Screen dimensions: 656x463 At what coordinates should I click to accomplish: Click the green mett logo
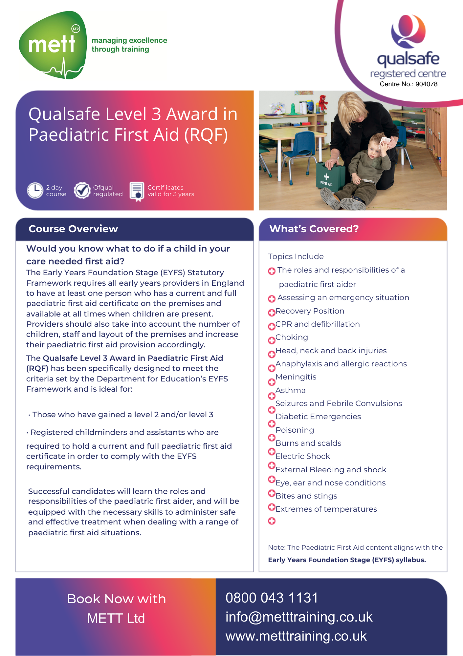[53, 45]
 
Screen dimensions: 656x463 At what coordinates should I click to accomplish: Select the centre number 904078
[426, 84]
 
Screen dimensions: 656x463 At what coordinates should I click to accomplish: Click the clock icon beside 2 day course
[35, 191]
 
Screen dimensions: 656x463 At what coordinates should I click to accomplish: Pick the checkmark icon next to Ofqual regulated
[82, 191]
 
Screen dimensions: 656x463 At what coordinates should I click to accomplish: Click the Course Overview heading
[73, 229]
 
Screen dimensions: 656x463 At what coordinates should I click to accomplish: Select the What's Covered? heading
[314, 229]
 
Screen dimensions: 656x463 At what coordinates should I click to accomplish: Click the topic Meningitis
[296, 377]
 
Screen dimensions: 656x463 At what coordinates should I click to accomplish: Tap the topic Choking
[292, 337]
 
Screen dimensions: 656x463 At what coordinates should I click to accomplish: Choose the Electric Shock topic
[303, 456]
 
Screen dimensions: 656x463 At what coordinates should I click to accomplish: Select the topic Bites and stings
[306, 496]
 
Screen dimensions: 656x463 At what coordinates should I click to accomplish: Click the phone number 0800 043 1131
[272, 598]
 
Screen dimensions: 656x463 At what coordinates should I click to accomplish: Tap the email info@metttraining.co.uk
[299, 617]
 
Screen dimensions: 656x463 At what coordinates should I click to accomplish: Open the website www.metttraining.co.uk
[296, 636]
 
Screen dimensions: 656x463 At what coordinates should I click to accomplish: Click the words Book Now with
[116, 599]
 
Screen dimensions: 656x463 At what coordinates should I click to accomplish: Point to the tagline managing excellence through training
[129, 45]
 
